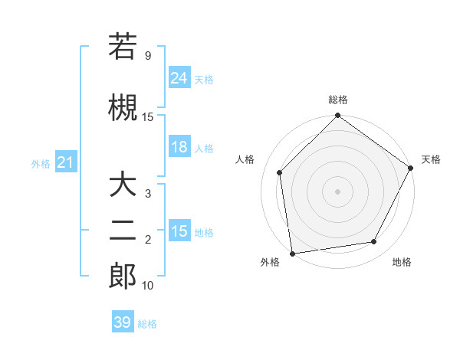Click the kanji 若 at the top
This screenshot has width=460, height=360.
[123, 47]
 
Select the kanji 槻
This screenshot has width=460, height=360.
[123, 106]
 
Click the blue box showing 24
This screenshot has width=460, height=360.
[179, 77]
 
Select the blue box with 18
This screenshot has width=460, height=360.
[179, 147]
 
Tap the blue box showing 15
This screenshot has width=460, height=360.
[179, 231]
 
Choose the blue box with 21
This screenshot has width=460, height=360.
[65, 163]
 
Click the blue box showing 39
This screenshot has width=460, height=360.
[123, 322]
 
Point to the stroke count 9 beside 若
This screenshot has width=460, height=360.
[147, 57]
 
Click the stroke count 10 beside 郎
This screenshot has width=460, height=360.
[148, 286]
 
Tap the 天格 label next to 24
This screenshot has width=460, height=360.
[204, 79]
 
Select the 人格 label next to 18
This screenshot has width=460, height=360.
[204, 149]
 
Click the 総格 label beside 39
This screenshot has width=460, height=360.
[147, 324]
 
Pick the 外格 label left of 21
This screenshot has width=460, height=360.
[41, 164]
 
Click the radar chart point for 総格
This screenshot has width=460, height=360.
[337, 116]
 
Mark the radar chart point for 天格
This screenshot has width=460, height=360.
[412, 169]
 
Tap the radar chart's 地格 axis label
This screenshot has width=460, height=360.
[402, 263]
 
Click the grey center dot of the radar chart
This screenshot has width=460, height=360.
[337, 191]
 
